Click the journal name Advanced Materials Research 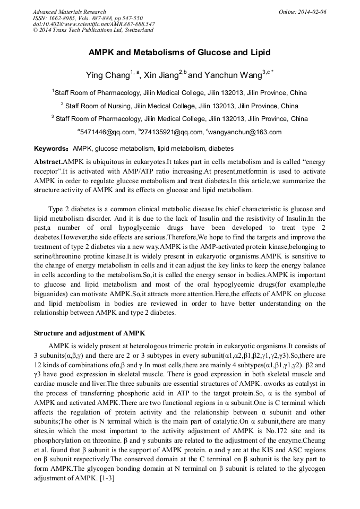(x=69, y=12)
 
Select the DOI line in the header (x=93, y=24)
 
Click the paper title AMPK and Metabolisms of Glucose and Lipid (x=179, y=53)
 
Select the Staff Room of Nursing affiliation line (x=179, y=106)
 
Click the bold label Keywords (x=52, y=149)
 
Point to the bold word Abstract (x=48, y=161)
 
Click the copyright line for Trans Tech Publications (x=93, y=30)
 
